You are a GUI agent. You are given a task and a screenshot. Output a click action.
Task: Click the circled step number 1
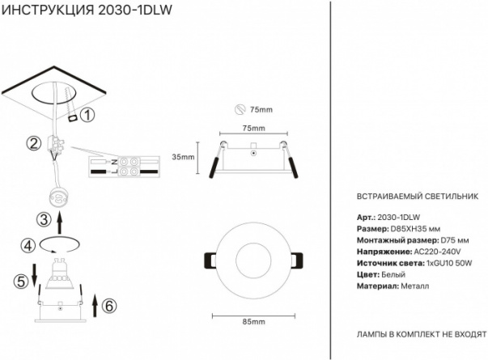coord(87,115)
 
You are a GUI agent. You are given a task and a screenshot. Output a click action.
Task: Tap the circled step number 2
coord(34,143)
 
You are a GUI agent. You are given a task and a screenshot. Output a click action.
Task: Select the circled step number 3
coord(44,219)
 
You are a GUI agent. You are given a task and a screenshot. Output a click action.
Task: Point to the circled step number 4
coord(28,246)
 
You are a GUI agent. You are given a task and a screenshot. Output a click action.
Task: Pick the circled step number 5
coord(20,282)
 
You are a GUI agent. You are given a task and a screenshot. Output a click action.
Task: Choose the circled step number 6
coord(109,306)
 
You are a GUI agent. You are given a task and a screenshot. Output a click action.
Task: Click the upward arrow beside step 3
coord(60,222)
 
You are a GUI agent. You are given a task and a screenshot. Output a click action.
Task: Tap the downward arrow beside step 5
coord(34,275)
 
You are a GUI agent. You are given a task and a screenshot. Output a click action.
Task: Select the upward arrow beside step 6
coord(95,306)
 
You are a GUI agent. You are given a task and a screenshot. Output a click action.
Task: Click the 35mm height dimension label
coord(183,157)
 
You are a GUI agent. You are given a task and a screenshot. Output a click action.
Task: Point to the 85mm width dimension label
coord(253,322)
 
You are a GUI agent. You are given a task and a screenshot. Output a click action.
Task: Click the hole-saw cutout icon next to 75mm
coord(240,109)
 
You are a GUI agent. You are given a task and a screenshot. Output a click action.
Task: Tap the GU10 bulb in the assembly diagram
coord(59,273)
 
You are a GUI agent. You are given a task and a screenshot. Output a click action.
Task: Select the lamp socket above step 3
coord(58,197)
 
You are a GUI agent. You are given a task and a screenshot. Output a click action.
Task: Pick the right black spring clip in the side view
coord(293,167)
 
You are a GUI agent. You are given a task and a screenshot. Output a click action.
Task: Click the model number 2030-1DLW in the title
coord(135,10)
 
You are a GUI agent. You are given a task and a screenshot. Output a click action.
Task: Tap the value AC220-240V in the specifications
coord(437,252)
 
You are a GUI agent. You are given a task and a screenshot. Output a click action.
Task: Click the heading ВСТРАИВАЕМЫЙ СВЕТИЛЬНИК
coord(418,197)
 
